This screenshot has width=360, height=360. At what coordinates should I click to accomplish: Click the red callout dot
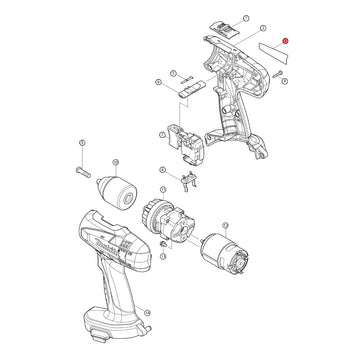(286, 40)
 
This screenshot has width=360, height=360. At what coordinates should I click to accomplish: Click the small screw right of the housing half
(275, 73)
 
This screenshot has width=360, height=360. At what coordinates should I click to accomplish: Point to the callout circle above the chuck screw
(80, 145)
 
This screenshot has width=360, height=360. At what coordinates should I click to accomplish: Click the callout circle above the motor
(236, 206)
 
